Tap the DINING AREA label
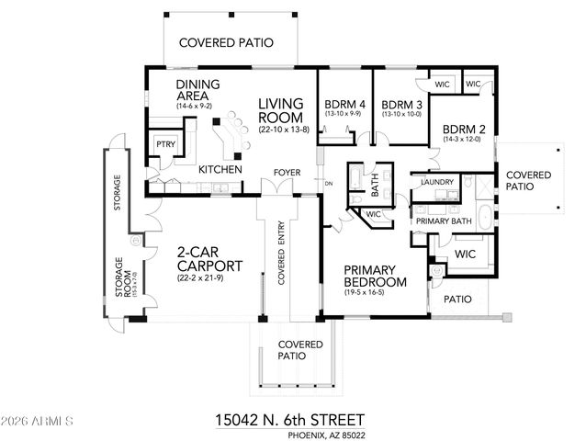(196, 90)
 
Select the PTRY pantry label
(165, 144)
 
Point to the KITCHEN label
(220, 170)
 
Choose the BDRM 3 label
(400, 104)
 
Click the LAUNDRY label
(438, 182)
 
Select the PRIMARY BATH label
(444, 221)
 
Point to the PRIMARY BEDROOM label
(375, 276)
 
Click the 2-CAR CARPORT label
(210, 260)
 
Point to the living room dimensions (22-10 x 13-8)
(285, 130)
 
